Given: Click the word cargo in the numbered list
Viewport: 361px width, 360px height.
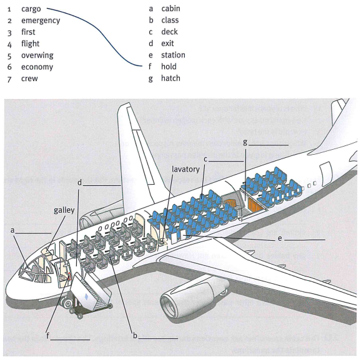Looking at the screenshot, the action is click(x=31, y=9).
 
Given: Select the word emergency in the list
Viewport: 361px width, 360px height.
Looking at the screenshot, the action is click(x=41, y=21).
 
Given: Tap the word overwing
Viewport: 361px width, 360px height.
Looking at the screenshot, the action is click(x=37, y=56).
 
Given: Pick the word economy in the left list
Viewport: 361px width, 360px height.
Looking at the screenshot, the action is click(x=37, y=67).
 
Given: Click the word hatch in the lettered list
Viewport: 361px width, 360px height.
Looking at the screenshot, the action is click(x=171, y=78).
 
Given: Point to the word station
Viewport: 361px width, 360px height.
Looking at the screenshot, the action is click(x=173, y=55).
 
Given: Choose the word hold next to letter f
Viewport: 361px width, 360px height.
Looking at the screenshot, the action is click(x=169, y=67).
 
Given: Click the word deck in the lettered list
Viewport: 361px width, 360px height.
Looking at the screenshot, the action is click(x=169, y=32).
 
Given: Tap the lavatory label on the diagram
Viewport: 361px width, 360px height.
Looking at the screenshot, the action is click(x=185, y=170).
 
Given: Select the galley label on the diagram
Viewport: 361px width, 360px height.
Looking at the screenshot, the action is click(x=64, y=210).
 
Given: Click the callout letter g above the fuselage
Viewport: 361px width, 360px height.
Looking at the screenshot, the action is click(x=245, y=142).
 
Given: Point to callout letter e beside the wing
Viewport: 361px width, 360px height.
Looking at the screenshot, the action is click(x=280, y=238).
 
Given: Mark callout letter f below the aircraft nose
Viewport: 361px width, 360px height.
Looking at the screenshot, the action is click(x=48, y=336).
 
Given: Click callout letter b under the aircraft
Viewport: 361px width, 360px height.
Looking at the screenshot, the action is click(x=135, y=336).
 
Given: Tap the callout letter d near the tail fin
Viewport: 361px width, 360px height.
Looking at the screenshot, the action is click(x=80, y=183).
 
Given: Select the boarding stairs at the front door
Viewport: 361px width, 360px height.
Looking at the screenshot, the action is click(x=91, y=291).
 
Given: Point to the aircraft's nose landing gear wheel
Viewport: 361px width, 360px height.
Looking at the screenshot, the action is click(x=68, y=304).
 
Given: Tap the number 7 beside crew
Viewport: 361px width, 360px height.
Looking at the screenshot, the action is click(x=9, y=79).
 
